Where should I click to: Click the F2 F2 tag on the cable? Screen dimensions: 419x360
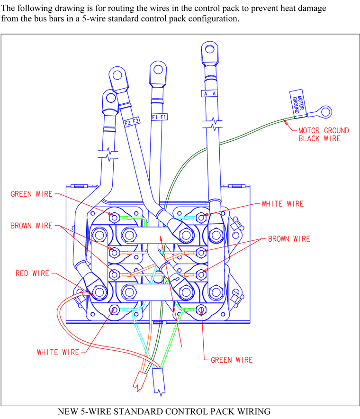tap(132, 122)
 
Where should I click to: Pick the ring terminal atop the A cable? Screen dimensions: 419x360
tap(208, 51)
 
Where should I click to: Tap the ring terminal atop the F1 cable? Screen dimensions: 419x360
tap(157, 72)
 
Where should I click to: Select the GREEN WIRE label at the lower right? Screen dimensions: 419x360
tap(232, 360)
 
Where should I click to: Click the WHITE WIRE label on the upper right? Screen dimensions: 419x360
tap(283, 204)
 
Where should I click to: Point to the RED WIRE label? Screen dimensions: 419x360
tap(32, 273)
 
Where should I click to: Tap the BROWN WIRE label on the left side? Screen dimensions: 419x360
tap(32, 226)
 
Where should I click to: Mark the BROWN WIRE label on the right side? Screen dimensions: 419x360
tap(289, 238)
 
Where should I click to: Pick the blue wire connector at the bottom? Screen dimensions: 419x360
tap(159, 382)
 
